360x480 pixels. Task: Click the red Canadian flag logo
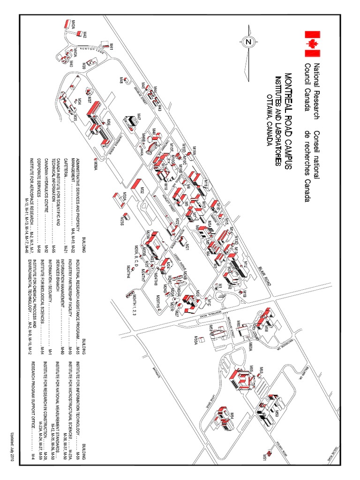(312, 40)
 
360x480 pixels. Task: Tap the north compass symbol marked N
(248, 42)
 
